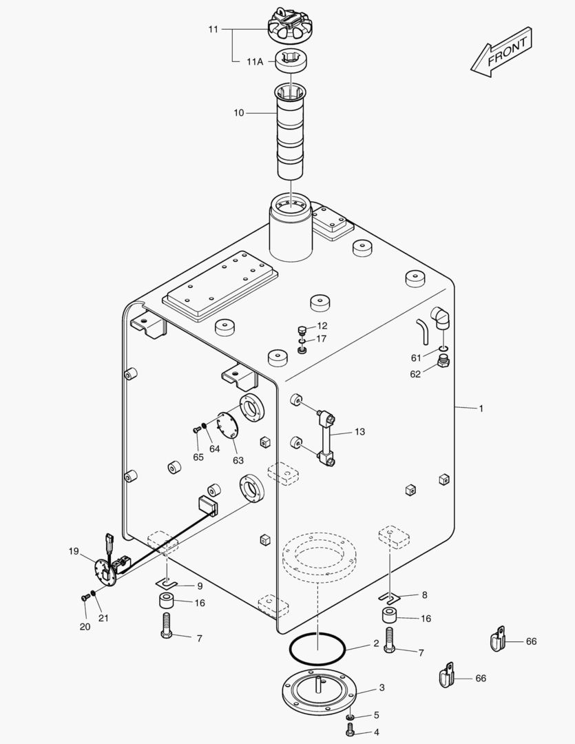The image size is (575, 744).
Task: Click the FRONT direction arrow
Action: pyautogui.click(x=501, y=52)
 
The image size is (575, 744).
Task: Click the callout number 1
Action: pyautogui.click(x=481, y=409)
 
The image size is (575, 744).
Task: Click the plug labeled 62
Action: pyautogui.click(x=443, y=362)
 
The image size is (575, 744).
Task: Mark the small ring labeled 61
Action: pyautogui.click(x=443, y=349)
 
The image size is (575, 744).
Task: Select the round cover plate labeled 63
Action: pyautogui.click(x=227, y=425)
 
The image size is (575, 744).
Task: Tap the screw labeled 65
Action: pyautogui.click(x=197, y=430)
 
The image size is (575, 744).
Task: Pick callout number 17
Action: pyautogui.click(x=322, y=339)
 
